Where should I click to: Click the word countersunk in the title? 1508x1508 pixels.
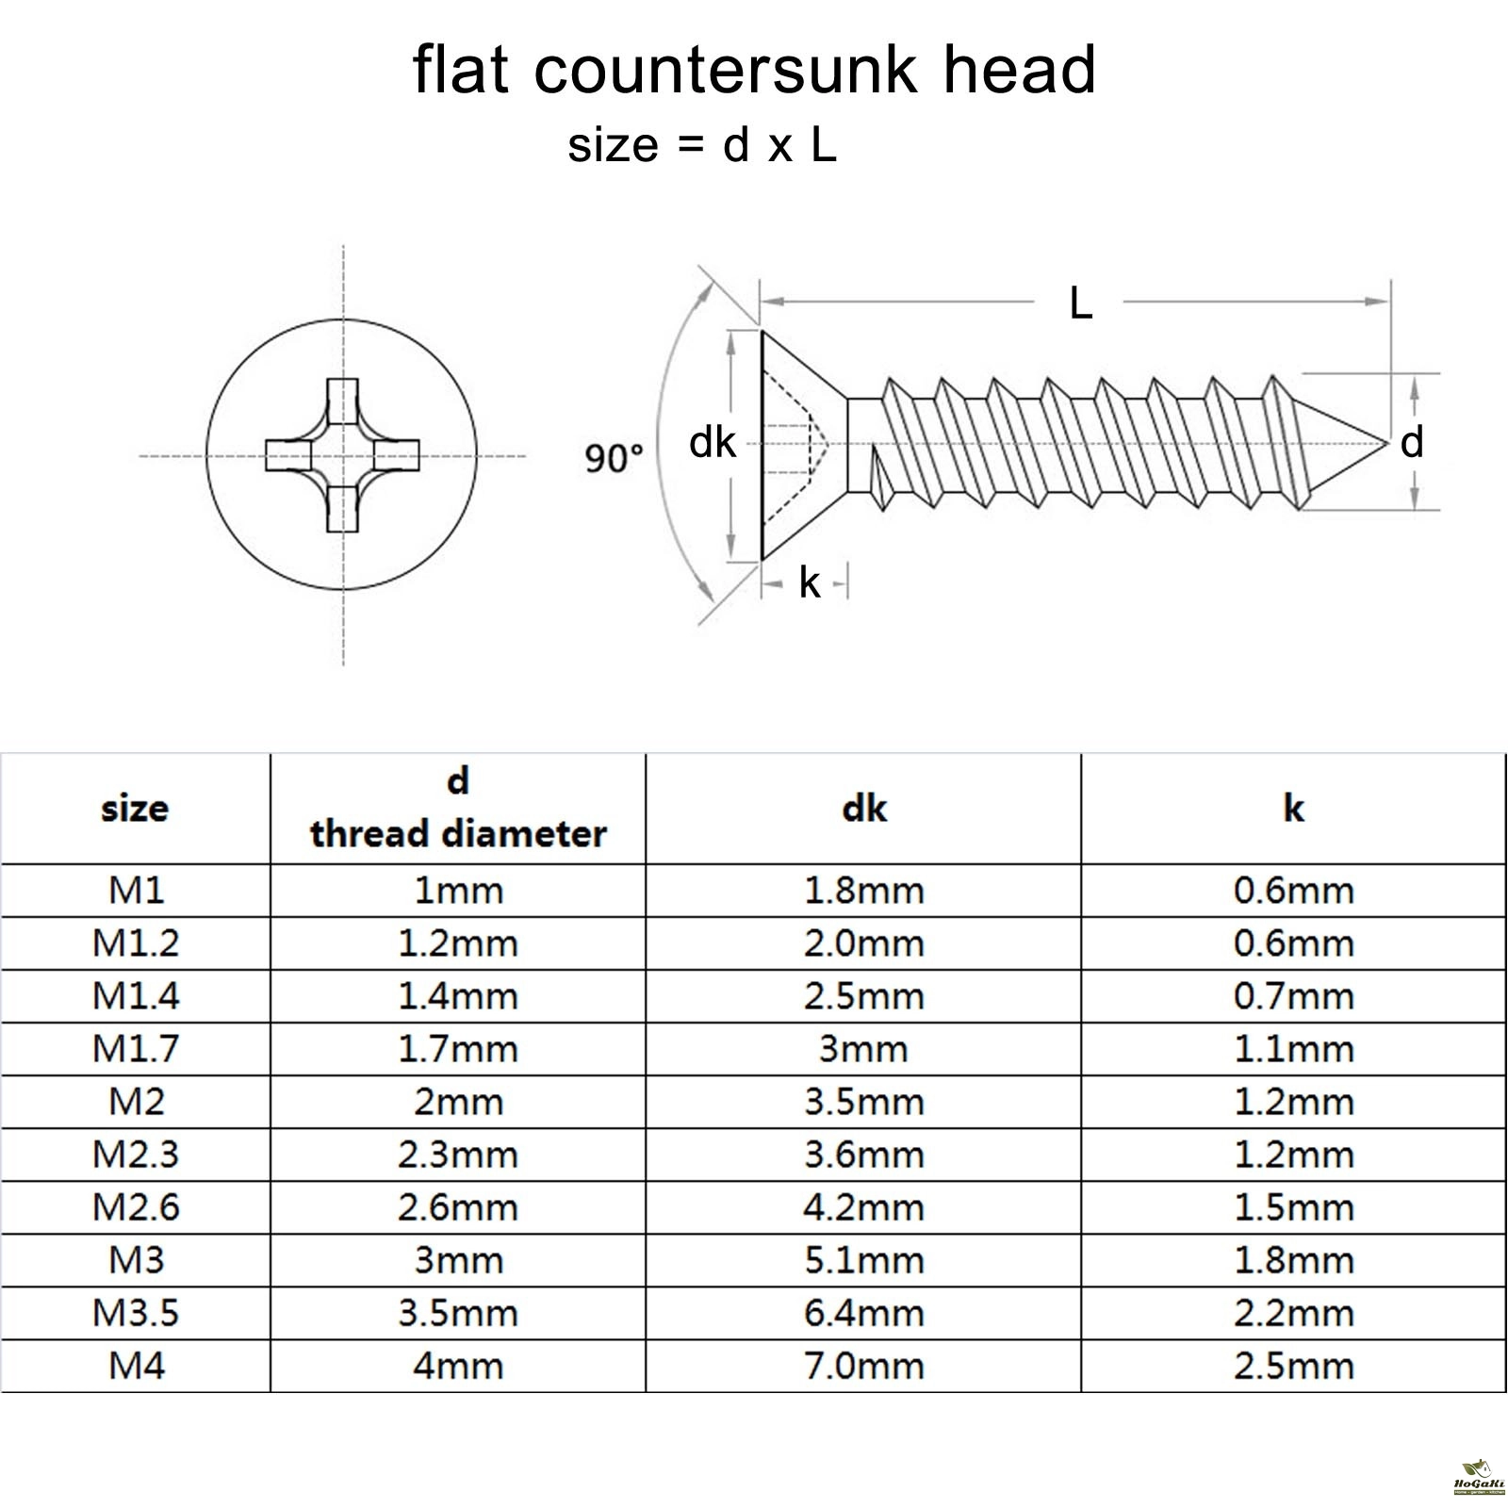pos(726,70)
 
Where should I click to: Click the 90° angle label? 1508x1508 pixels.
pos(614,459)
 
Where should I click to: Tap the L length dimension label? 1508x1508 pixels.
pos(1080,303)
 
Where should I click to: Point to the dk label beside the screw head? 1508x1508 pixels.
pos(712,442)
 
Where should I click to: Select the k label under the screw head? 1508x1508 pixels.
pos(809,583)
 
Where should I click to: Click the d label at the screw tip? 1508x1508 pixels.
pos(1411,442)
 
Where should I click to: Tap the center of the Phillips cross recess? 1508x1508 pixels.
pos(342,456)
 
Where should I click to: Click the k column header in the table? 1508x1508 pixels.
pos(1293,809)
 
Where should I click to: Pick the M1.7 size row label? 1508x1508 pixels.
pos(136,1049)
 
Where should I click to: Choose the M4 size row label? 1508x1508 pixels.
pos(136,1366)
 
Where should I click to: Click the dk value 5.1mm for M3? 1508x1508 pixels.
pos(863,1260)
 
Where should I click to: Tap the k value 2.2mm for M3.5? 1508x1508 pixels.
pos(1293,1313)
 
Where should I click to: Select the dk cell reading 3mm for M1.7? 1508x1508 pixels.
pos(863,1049)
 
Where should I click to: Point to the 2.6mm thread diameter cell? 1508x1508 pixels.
pos(458,1207)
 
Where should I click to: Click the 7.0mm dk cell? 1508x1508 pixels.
pos(863,1366)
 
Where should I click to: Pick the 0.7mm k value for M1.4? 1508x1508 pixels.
pos(1293,996)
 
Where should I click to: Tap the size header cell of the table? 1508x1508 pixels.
pos(135,809)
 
